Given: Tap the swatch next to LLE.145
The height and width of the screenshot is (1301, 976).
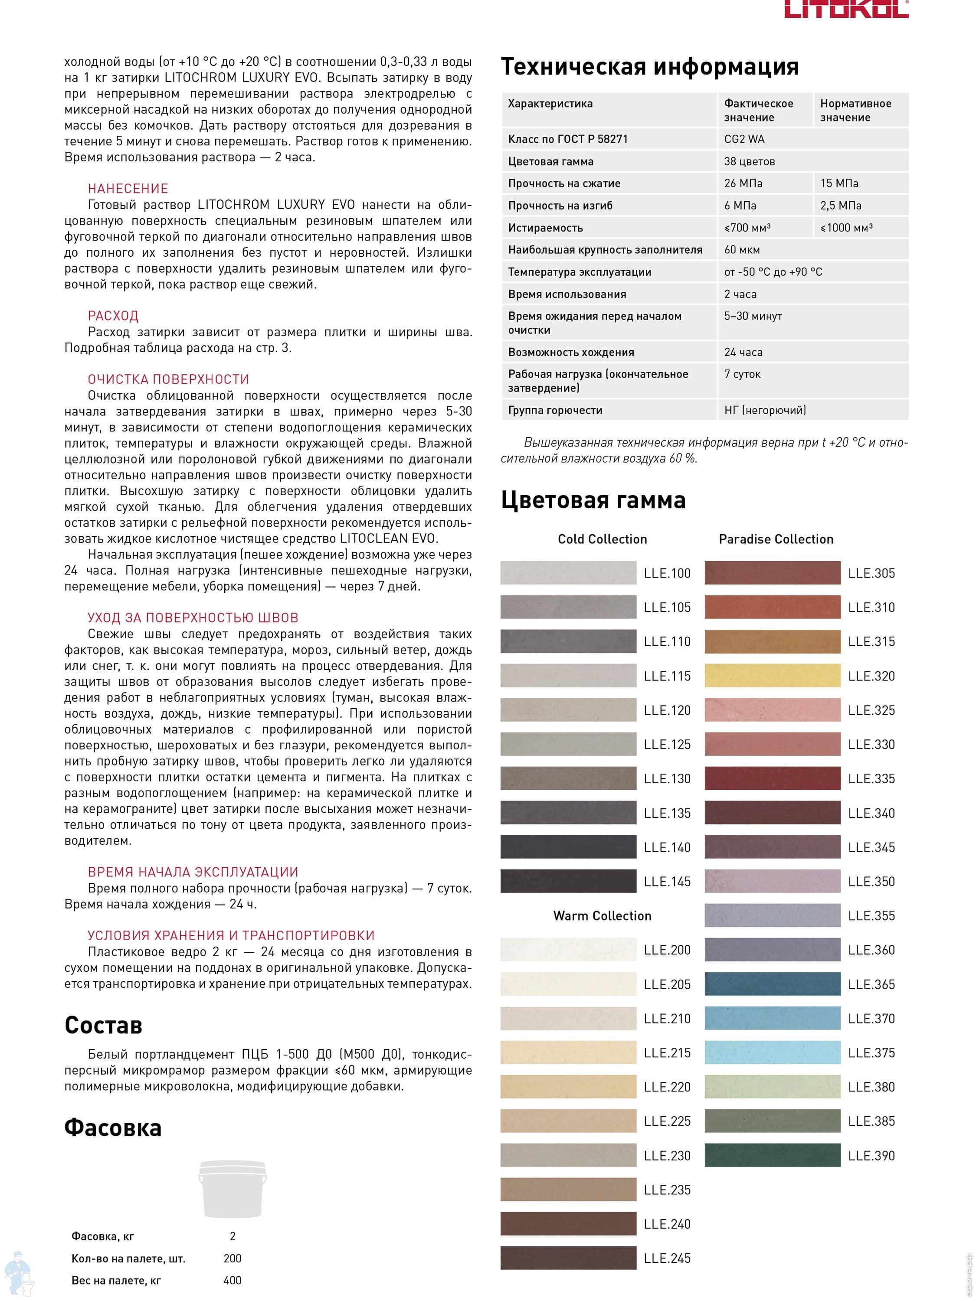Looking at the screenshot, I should tap(568, 881).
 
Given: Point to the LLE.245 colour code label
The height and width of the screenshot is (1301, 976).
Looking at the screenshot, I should tap(667, 1258).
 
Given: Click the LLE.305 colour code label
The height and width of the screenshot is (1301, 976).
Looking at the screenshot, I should tap(871, 573).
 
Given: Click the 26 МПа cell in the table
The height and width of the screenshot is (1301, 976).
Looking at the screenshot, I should tap(743, 183).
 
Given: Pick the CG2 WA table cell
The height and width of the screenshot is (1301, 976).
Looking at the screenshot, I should tap(744, 139).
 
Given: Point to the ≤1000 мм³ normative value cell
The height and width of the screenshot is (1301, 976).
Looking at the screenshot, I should tap(847, 228).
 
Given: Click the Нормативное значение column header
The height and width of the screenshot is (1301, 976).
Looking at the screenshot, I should tap(855, 110).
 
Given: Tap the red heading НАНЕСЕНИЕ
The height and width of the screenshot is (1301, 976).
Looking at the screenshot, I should tap(128, 189).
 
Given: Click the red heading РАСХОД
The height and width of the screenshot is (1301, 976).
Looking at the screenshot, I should tap(113, 316).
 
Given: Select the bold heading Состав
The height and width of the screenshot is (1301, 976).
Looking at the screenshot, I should tap(103, 1025).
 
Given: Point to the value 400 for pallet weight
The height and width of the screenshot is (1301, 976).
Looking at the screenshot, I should tap(233, 1280).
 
